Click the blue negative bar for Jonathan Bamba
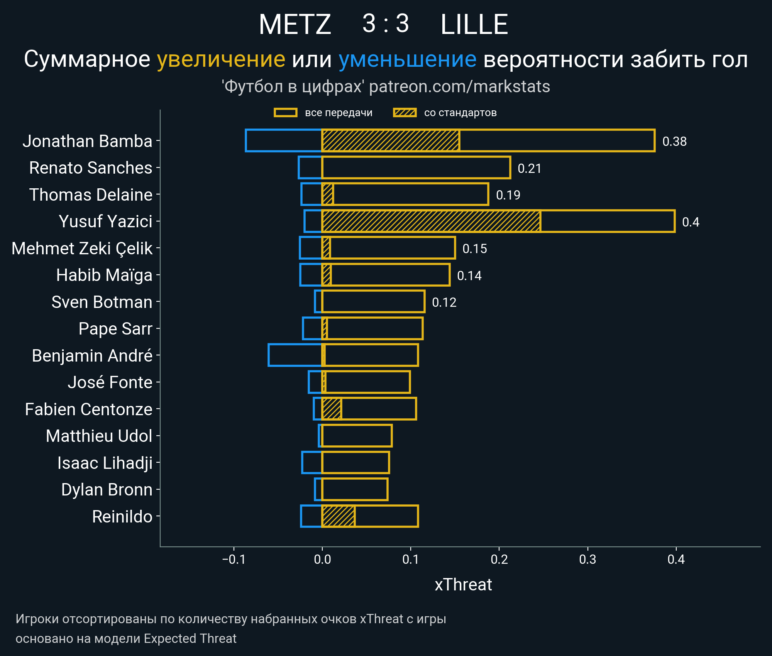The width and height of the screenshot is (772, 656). click(x=284, y=141)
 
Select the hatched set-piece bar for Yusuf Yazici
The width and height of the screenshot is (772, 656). click(x=431, y=221)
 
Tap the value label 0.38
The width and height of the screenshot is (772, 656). click(x=674, y=142)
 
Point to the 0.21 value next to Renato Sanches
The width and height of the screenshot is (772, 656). click(x=529, y=169)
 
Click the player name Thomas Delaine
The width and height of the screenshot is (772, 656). click(x=91, y=195)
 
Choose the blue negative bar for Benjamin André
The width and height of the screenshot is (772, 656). click(x=295, y=355)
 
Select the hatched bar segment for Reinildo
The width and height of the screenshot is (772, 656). click(x=339, y=516)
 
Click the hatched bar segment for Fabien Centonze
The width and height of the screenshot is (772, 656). click(x=332, y=409)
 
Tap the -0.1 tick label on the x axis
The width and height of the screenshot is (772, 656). click(x=234, y=560)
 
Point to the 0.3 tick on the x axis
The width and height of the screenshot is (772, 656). click(x=587, y=560)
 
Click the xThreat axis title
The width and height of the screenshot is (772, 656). click(x=463, y=585)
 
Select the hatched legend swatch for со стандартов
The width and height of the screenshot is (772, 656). click(x=405, y=113)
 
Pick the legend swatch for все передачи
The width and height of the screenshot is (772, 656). click(x=285, y=113)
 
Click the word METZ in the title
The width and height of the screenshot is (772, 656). click(x=295, y=25)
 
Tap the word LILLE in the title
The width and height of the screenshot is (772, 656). click(x=474, y=25)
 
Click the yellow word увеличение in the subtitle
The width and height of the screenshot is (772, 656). click(x=221, y=59)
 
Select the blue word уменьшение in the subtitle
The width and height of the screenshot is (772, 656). click(x=407, y=59)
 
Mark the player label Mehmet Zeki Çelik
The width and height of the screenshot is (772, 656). click(x=82, y=249)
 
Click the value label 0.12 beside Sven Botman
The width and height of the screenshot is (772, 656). click(x=444, y=303)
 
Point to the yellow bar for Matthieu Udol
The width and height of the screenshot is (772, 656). click(x=357, y=436)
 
